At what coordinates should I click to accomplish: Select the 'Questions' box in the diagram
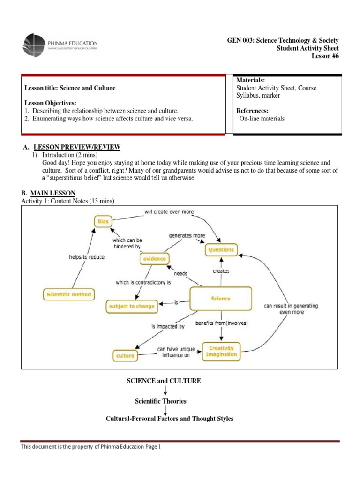221,250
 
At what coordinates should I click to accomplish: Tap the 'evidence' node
155,258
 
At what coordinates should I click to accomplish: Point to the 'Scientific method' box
68,295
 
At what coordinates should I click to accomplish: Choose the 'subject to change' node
131,307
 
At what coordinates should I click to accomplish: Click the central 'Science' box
220,299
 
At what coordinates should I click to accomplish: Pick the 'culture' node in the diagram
125,355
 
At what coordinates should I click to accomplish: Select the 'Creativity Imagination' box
221,352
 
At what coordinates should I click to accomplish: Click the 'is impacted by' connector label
168,326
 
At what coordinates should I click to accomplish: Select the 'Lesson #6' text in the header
325,56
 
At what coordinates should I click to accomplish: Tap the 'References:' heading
253,111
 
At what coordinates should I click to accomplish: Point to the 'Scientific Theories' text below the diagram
161,401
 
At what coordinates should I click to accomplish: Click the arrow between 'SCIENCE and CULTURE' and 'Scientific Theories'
165,390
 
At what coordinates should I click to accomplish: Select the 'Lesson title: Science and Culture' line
70,88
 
